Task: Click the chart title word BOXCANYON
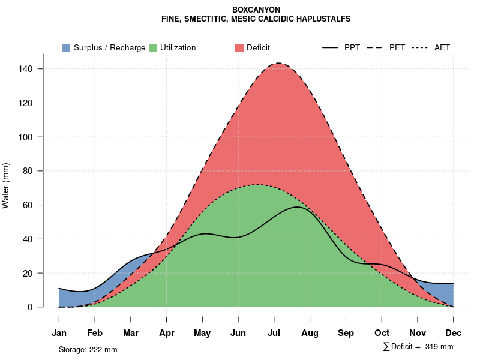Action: tap(256, 10)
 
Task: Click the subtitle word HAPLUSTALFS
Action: tap(325, 19)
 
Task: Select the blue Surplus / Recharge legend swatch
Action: tap(66, 47)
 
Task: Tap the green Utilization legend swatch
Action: tap(152, 47)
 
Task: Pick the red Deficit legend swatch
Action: tap(239, 47)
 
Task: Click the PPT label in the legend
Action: tap(352, 47)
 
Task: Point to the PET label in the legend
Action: tap(397, 47)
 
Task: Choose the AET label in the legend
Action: tap(442, 47)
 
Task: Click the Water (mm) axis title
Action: tap(6, 186)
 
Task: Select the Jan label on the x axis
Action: tap(59, 333)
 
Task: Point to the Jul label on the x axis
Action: tap(274, 333)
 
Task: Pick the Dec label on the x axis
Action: tap(454, 333)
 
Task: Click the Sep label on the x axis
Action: tap(346, 333)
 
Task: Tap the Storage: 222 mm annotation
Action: tap(88, 349)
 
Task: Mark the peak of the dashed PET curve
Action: tap(278, 64)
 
